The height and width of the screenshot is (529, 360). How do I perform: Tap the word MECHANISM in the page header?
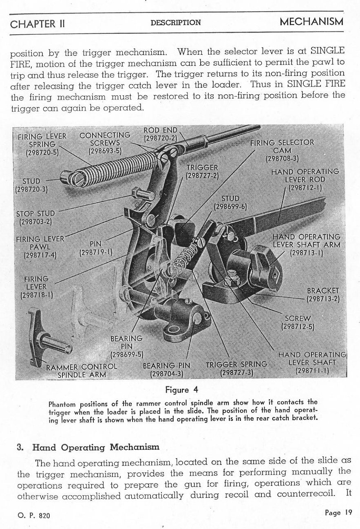click(311, 22)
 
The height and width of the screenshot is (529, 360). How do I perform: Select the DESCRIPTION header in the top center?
click(175, 23)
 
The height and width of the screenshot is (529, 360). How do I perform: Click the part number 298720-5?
click(42, 153)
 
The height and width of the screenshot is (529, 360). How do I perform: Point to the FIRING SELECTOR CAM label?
click(282, 146)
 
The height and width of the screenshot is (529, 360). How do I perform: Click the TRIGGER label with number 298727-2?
click(202, 171)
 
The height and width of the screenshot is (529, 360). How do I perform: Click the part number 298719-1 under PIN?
click(96, 252)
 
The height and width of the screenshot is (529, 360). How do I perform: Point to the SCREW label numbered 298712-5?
click(298, 322)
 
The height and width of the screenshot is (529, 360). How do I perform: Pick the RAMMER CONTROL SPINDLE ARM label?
click(82, 371)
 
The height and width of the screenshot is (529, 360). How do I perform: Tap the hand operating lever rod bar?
click(281, 212)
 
